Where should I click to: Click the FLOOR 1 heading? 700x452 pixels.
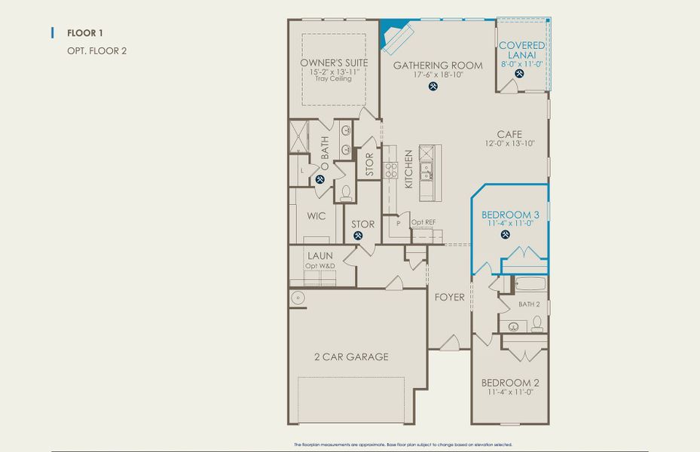[84, 33]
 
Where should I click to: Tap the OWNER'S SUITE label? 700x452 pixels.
[334, 63]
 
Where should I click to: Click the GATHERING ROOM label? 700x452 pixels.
[438, 66]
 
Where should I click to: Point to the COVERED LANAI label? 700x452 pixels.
[522, 50]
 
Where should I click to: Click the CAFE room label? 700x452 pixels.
[509, 134]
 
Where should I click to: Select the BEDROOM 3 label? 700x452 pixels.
[509, 214]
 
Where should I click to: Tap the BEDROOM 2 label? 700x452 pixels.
[510, 382]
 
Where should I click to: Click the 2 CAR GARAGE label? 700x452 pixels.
[351, 356]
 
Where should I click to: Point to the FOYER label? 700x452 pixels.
[450, 297]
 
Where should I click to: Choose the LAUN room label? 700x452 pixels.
[320, 256]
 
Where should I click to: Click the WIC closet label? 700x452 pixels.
[316, 215]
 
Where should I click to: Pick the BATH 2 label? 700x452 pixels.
[529, 304]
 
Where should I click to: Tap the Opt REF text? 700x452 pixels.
[423, 222]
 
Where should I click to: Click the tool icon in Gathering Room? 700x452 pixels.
[433, 86]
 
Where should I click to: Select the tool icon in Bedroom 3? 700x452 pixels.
[505, 234]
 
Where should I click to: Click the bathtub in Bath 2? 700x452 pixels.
[530, 285]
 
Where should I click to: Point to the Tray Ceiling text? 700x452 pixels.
[334, 79]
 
